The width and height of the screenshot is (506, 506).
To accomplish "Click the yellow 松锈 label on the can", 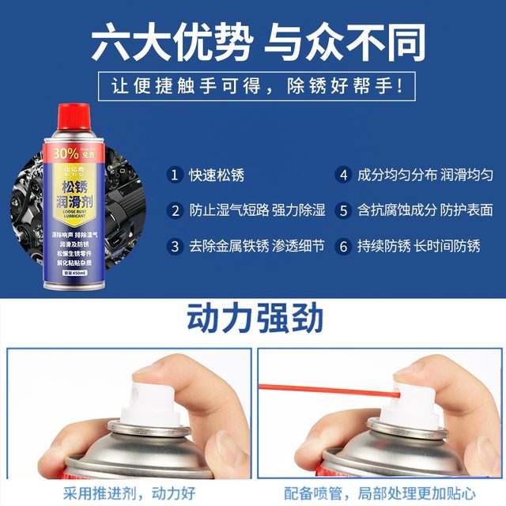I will pos(77,189).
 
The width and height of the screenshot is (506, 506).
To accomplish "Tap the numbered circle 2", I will pos(176,210).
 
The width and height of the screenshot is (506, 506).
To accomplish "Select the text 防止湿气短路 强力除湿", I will pos(258,210).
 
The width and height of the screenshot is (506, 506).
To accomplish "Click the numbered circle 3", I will pos(176,246).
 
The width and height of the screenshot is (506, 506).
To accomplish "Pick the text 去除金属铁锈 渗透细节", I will pos(258,246).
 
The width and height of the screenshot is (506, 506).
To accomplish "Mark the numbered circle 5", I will pos(343,210).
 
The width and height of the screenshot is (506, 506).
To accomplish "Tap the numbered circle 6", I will pos(343,246).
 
